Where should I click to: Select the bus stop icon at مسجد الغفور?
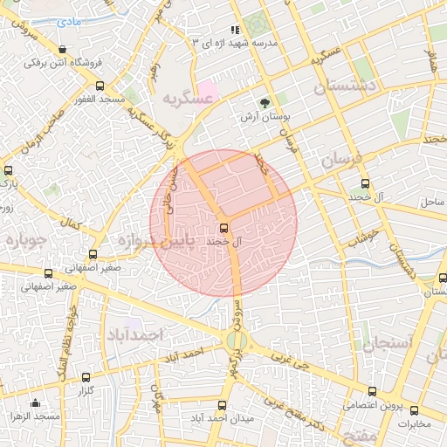(100, 86)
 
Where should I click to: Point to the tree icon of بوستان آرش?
(265, 100)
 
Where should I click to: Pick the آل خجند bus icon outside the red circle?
(365, 183)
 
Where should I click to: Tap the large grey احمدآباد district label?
(135, 334)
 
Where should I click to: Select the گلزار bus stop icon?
(86, 378)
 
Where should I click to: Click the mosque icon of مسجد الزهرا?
(34, 402)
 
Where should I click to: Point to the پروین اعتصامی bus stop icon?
(373, 391)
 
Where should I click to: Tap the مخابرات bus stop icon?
(414, 410)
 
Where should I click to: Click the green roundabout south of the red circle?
(236, 340)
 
